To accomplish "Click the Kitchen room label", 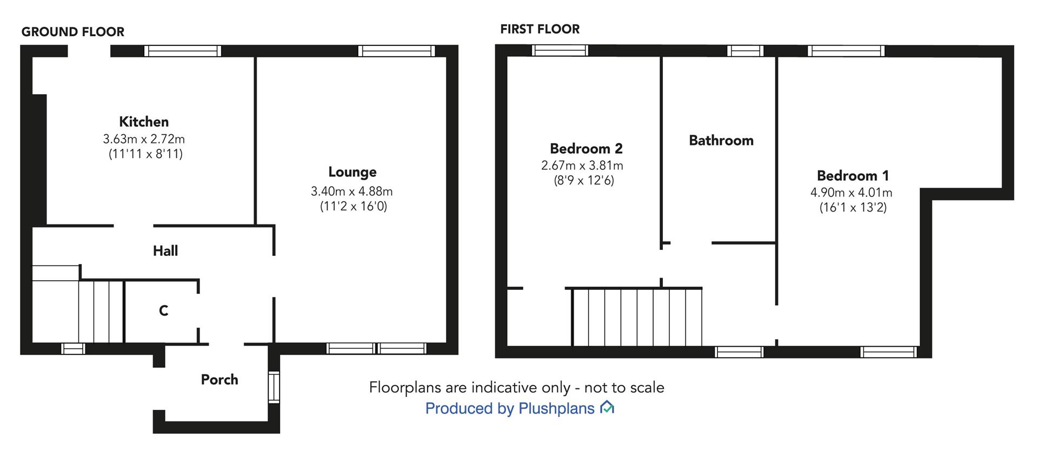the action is click(x=144, y=122).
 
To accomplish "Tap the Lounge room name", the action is click(x=352, y=173).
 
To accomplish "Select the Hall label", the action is click(x=165, y=251).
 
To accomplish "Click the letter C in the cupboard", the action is click(x=163, y=310).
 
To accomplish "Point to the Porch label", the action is click(x=219, y=380).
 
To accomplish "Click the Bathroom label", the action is click(x=721, y=141).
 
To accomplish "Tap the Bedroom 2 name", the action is click(x=586, y=149).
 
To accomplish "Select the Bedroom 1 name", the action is click(x=853, y=176).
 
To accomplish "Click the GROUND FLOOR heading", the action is click(x=73, y=32).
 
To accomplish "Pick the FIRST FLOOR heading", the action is click(x=540, y=29).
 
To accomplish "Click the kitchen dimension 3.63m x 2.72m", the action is click(x=144, y=139).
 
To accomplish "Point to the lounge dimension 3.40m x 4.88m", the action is click(x=351, y=191).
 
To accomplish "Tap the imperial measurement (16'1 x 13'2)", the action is click(x=853, y=208).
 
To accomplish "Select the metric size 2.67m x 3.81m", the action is click(x=582, y=166).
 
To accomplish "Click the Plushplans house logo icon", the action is click(x=607, y=407).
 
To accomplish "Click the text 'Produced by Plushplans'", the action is click(x=510, y=408).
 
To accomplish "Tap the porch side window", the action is click(x=274, y=387).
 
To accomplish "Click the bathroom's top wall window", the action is click(x=745, y=51).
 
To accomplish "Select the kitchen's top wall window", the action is click(x=183, y=51).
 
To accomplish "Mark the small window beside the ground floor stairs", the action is click(x=73, y=349).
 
